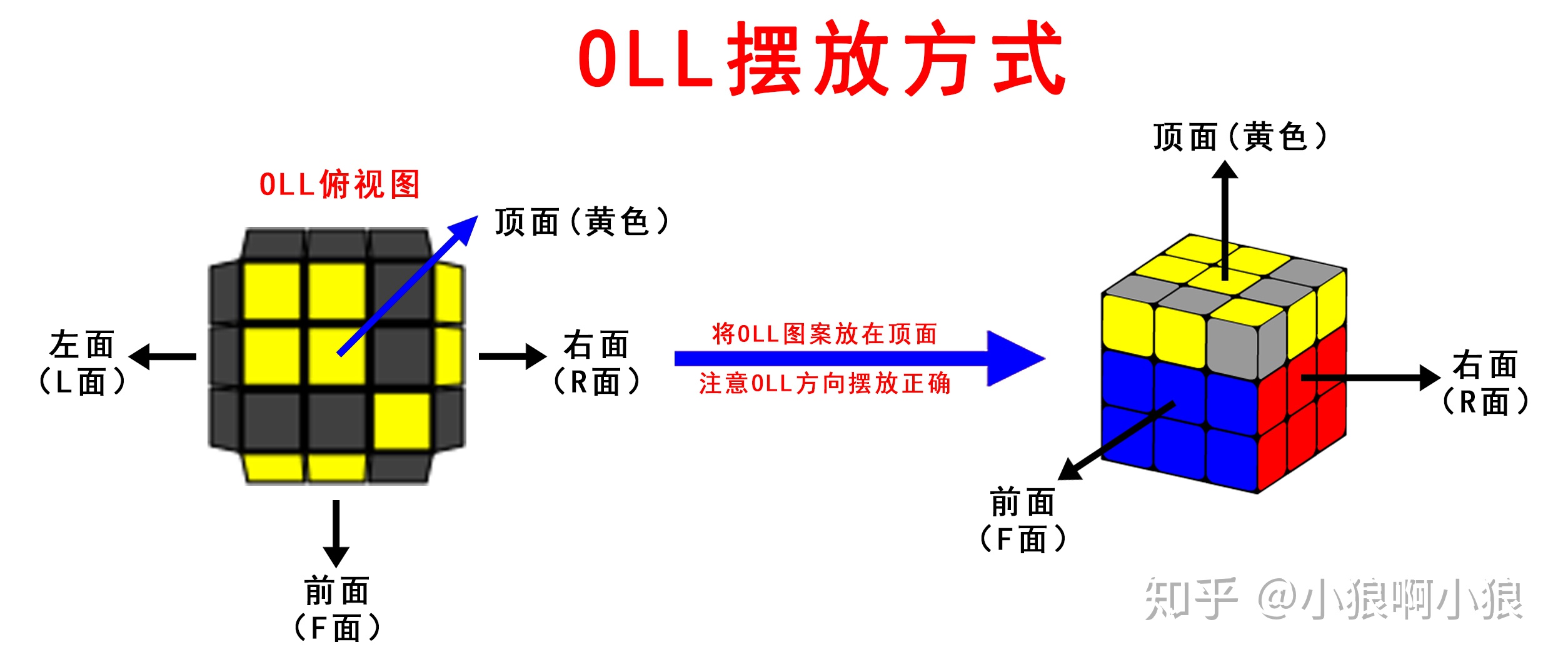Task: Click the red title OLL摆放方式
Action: click(x=821, y=59)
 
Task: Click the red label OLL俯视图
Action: click(x=339, y=185)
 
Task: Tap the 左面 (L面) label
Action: click(x=82, y=363)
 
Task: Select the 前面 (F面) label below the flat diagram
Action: click(x=337, y=610)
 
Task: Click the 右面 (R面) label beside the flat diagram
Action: click(x=596, y=363)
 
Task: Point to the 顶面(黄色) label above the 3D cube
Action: click(x=1240, y=138)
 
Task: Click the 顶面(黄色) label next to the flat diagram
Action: click(x=582, y=223)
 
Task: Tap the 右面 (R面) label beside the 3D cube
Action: click(x=1485, y=383)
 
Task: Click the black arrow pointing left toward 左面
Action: click(x=163, y=357)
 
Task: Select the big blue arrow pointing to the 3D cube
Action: click(x=860, y=359)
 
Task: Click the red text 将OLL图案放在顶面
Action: click(x=825, y=334)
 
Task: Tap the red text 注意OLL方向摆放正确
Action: click(x=825, y=384)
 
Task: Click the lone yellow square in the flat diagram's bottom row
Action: click(x=402, y=421)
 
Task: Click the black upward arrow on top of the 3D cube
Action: click(x=1225, y=219)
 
